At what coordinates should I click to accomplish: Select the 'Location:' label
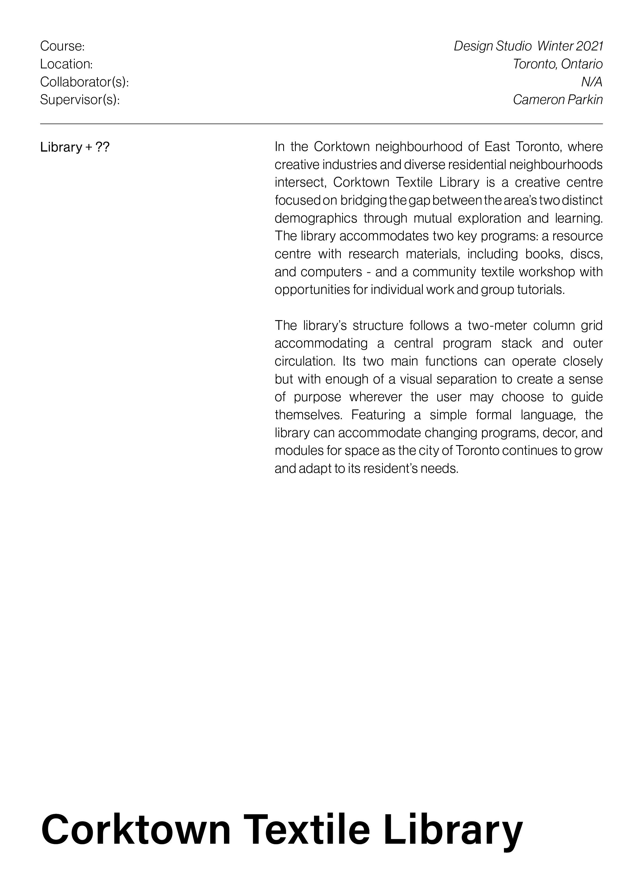66,64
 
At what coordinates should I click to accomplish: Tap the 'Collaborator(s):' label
84,82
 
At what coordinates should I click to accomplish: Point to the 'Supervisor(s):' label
80,100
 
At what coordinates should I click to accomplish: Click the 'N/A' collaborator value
592,82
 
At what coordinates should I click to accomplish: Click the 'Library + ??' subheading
75,147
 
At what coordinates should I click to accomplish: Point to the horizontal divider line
321,124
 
